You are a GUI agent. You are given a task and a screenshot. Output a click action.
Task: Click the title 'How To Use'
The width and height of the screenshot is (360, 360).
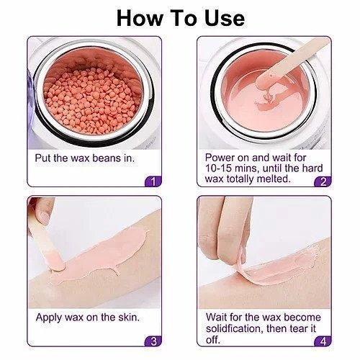(x=180, y=17)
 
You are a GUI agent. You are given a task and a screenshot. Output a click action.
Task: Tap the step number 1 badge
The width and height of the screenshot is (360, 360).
(x=152, y=181)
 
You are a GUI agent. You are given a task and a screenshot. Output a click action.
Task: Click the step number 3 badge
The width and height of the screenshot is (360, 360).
(x=152, y=341)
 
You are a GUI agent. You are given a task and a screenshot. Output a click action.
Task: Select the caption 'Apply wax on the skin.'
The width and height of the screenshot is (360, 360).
(x=87, y=317)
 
